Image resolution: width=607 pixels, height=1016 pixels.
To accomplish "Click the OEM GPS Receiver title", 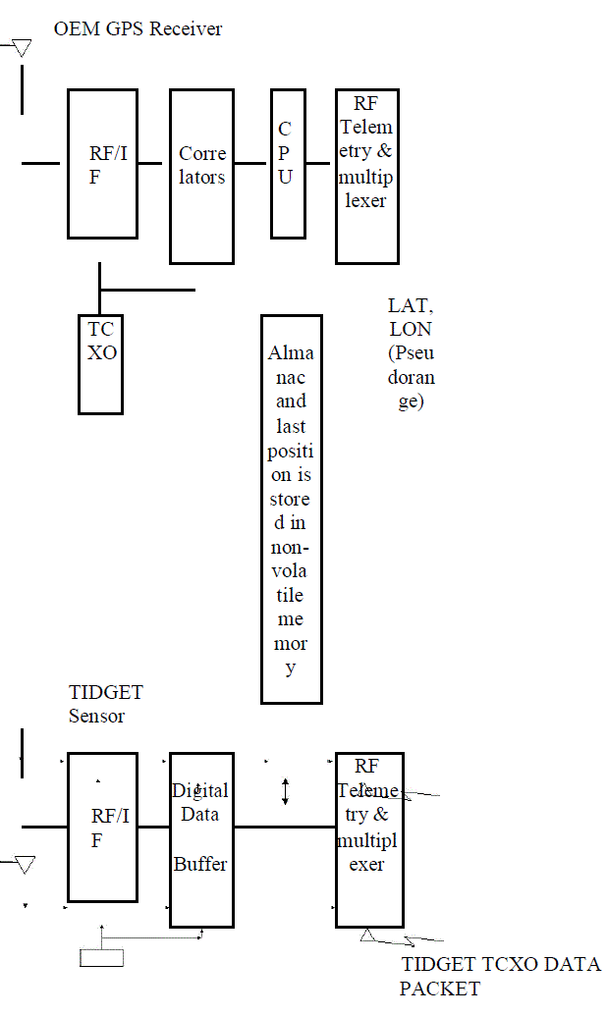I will pyautogui.click(x=138, y=28).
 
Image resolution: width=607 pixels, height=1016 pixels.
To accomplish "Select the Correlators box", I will pyautogui.click(x=201, y=177).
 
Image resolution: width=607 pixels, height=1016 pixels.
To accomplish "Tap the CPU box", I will pyautogui.click(x=288, y=163).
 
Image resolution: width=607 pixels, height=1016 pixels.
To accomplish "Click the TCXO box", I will pyautogui.click(x=101, y=363).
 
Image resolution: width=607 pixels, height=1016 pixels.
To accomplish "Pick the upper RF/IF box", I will pyautogui.click(x=101, y=163).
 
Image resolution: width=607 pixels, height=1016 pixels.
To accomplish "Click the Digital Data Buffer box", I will pyautogui.click(x=201, y=840).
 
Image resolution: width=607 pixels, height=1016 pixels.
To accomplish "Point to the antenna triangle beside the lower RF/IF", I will pyautogui.click(x=25, y=864).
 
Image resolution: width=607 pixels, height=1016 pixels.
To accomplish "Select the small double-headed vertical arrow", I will pyautogui.click(x=285, y=791).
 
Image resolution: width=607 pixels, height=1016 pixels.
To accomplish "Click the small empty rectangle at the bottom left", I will pyautogui.click(x=101, y=957).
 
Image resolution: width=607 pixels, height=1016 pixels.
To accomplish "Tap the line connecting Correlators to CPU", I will pyautogui.click(x=252, y=163).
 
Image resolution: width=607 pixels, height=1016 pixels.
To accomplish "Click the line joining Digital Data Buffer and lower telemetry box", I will pyautogui.click(x=284, y=827).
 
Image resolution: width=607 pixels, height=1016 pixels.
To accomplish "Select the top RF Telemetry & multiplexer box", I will pyautogui.click(x=366, y=177).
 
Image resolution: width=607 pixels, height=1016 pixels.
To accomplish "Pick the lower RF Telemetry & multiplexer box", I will pyautogui.click(x=368, y=840).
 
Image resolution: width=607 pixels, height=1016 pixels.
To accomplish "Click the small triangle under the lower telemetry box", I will pyautogui.click(x=366, y=935).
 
